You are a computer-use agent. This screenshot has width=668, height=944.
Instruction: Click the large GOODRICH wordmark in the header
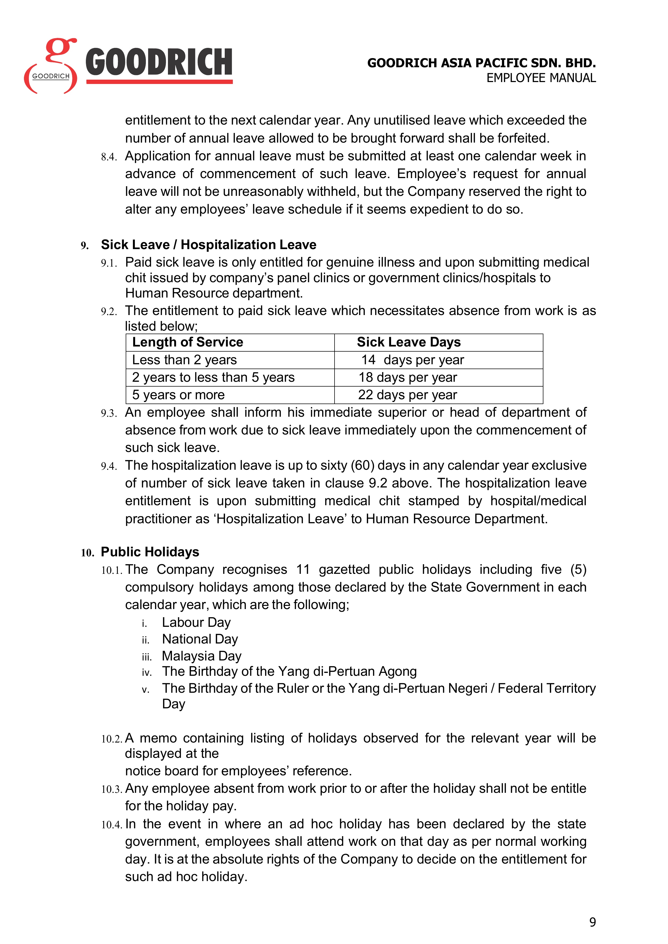pyautogui.click(x=159, y=62)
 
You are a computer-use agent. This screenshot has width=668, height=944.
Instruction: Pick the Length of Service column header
pyautogui.click(x=188, y=342)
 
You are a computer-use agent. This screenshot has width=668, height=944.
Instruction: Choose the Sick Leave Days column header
pyautogui.click(x=409, y=342)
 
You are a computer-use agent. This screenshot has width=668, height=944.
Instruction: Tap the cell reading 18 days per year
pyautogui.click(x=408, y=377)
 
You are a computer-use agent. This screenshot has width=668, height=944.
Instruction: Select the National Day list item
pyautogui.click(x=200, y=639)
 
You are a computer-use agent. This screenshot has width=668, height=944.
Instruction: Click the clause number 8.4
pyautogui.click(x=109, y=157)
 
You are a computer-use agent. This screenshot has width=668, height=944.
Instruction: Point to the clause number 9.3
pyautogui.click(x=109, y=413)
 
